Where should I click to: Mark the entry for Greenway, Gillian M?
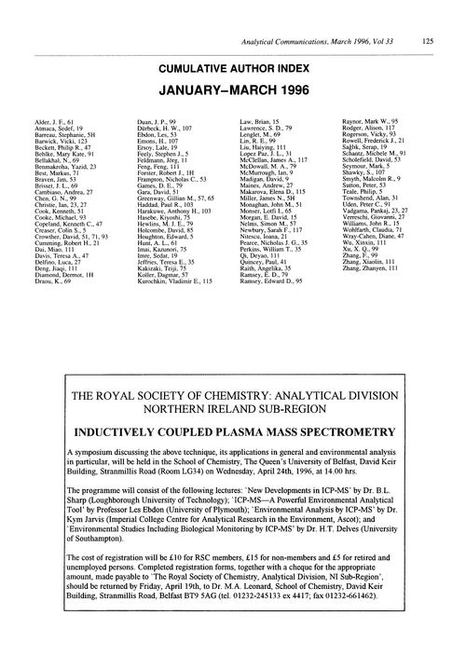(173, 174)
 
